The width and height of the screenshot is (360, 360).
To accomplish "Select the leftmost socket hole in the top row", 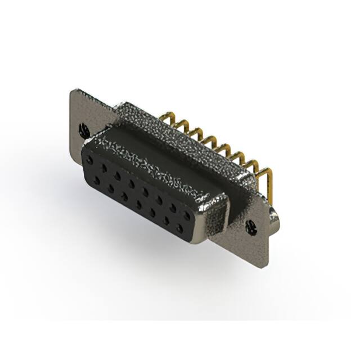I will click(89, 160).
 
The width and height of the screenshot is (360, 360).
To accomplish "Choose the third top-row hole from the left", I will click(117, 176).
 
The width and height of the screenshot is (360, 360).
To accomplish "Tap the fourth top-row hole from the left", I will click(131, 184).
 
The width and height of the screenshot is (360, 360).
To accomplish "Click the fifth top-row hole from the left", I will click(145, 192).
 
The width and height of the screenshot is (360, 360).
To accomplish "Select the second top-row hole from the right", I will click(174, 209).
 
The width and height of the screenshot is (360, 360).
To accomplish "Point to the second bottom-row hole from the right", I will click(166, 221).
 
